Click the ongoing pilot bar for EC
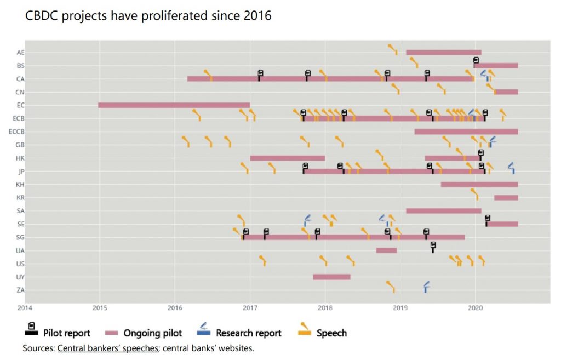pyautogui.click(x=174, y=105)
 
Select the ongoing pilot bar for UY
pyautogui.click(x=331, y=277)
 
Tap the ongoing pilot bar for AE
pyautogui.click(x=443, y=53)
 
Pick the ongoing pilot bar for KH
pyautogui.click(x=479, y=185)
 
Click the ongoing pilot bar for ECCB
pyautogui.click(x=466, y=132)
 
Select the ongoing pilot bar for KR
pyautogui.click(x=506, y=198)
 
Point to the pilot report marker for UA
pyautogui.click(x=433, y=247)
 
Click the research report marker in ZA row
pyautogui.click(x=426, y=286)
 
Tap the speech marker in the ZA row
pyautogui.click(x=391, y=286)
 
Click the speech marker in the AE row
pyautogui.click(x=393, y=49)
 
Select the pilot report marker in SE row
pyautogui.click(x=487, y=220)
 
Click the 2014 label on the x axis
pyautogui.click(x=25, y=307)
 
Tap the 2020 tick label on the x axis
pyautogui.click(x=475, y=307)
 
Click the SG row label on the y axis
pyautogui.click(x=20, y=237)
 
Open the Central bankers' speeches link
pyautogui.click(x=107, y=348)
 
